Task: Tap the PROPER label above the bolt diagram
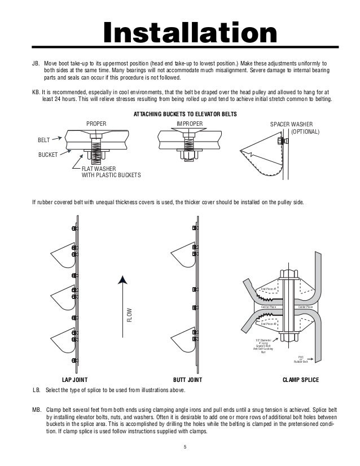(96, 123)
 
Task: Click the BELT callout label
(44, 139)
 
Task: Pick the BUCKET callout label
(47, 153)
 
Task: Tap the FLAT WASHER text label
(100, 169)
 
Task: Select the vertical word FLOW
(129, 315)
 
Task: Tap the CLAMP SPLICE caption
(300, 380)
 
